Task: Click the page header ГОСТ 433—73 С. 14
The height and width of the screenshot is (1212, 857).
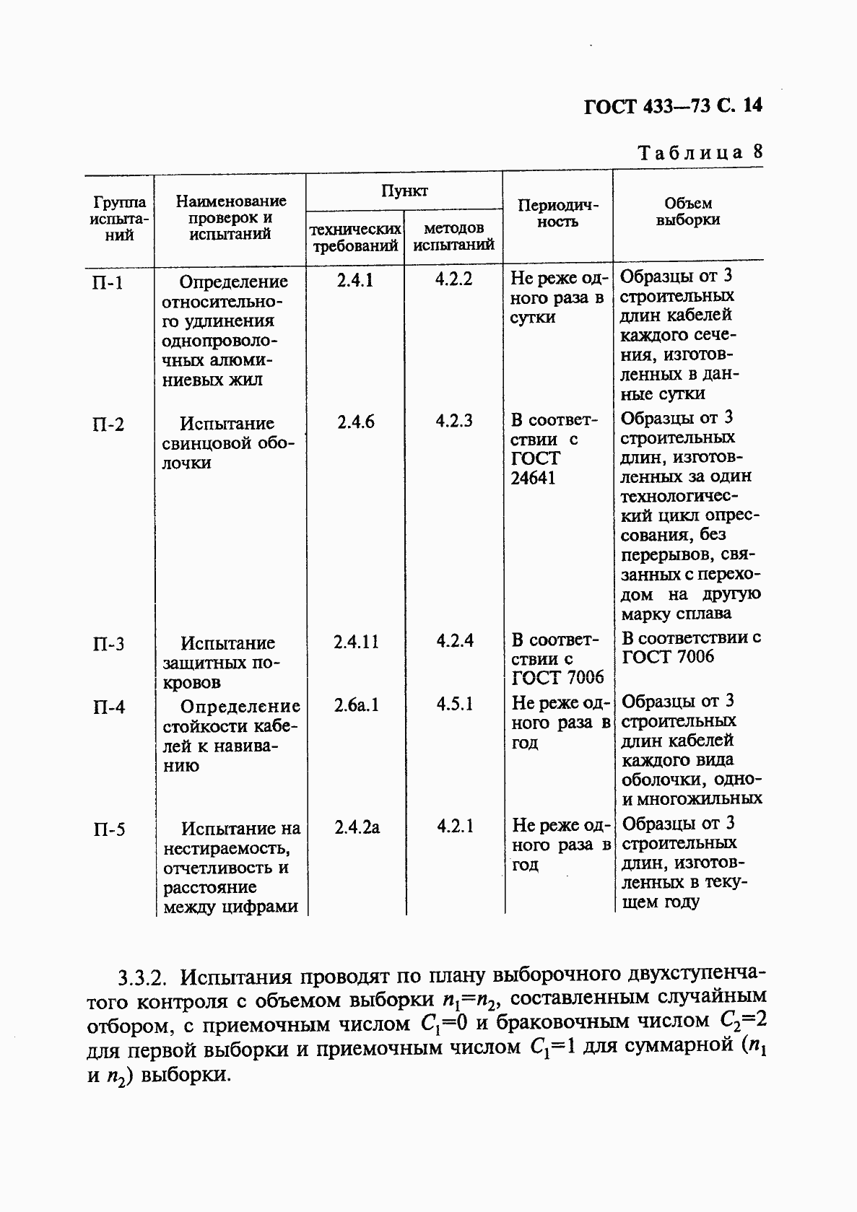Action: point(672,107)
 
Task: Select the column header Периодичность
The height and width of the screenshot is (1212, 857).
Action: point(557,214)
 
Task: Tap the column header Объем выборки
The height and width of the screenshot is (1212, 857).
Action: point(688,212)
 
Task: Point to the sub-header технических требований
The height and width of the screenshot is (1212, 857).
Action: point(355,237)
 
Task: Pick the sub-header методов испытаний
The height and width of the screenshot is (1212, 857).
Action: point(453,237)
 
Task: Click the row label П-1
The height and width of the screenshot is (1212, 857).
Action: point(108,283)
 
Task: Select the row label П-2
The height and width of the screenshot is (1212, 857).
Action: point(108,424)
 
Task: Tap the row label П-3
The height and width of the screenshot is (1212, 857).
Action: point(108,644)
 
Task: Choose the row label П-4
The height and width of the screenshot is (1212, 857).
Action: point(108,707)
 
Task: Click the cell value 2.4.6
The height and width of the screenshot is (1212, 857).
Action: point(355,422)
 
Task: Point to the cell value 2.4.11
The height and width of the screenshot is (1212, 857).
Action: point(355,641)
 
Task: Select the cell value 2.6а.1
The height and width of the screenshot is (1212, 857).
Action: point(356,705)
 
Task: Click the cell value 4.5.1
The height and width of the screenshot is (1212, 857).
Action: point(454,705)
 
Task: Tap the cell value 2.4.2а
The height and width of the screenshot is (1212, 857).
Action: point(357,827)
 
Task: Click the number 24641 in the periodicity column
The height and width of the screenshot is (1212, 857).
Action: point(533,479)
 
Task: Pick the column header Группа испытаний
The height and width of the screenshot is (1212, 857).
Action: point(120,218)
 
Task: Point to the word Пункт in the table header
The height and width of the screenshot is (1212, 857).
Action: point(404,191)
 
